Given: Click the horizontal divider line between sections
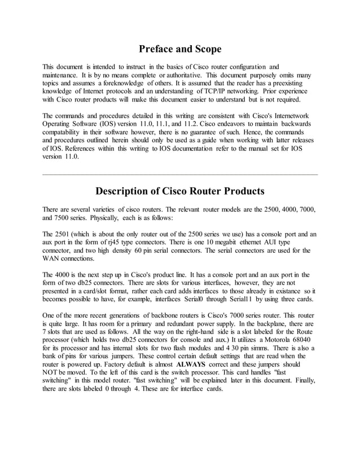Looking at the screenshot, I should tap(180, 174).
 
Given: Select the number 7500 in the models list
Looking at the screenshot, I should tap(60, 218).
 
